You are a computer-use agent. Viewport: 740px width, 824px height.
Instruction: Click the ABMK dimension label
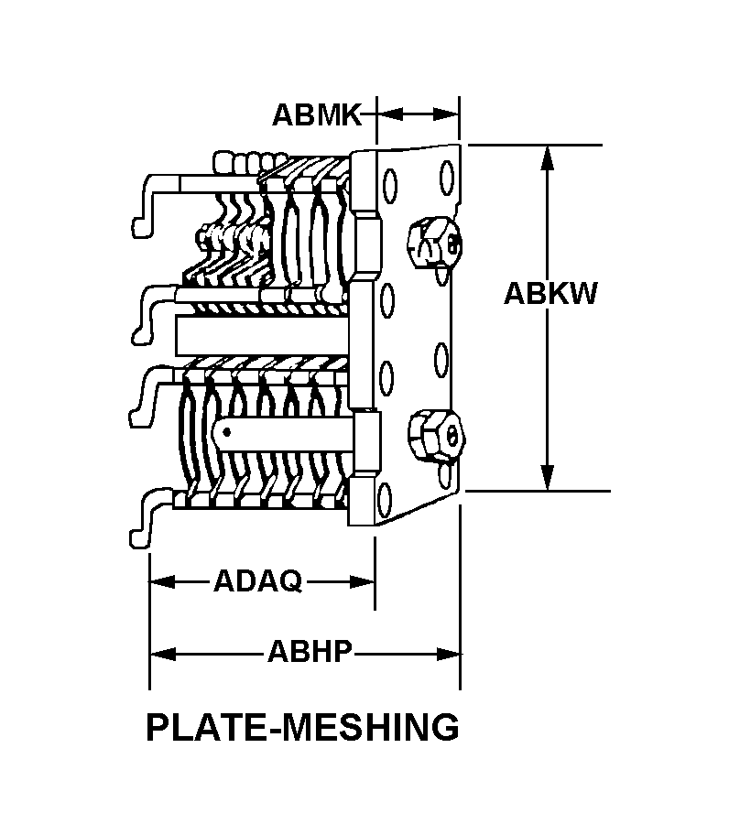coord(317,114)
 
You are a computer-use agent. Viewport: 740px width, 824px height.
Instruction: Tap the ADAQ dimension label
coord(257,581)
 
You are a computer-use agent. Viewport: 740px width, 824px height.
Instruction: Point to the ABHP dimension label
coord(310,653)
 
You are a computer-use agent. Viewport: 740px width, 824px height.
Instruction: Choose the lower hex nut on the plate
coord(433,436)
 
